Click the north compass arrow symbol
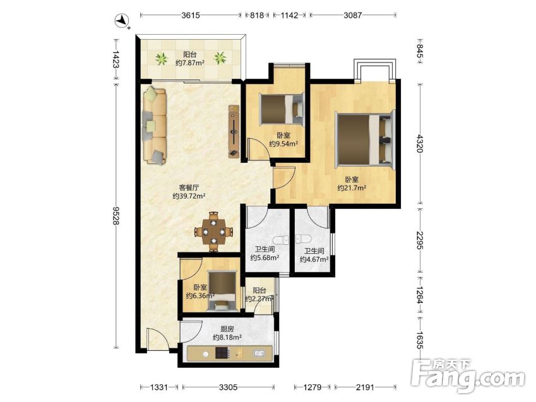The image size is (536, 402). tap(122, 21)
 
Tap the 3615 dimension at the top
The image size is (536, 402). tap(191, 15)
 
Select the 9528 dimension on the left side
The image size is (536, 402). tap(116, 216)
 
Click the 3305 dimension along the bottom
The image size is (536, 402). tap(228, 387)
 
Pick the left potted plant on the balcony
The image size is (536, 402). tap(161, 59)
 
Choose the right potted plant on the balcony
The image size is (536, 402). tap(220, 58)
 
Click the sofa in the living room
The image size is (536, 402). tap(155, 126)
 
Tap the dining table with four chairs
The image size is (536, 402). tap(213, 232)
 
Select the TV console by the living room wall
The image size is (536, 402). tap(234, 132)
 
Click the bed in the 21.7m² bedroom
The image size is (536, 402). tap(365, 139)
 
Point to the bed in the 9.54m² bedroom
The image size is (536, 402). tap(282, 110)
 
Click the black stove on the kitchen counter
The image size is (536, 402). tap(222, 353)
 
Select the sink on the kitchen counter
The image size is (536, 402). tap(259, 353)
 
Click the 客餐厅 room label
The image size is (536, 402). tap(189, 187)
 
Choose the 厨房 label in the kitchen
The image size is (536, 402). tap(227, 329)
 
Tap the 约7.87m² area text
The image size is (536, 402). tap(190, 63)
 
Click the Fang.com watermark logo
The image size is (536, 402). tap(468, 376)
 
